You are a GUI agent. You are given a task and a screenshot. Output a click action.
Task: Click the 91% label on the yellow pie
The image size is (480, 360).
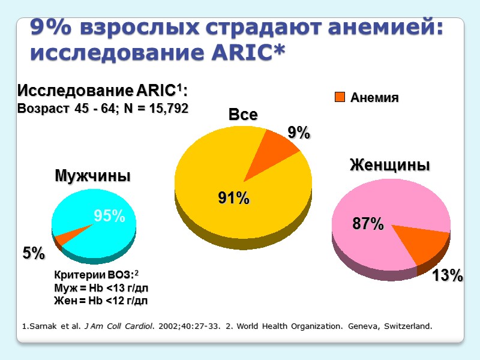pos(233,199)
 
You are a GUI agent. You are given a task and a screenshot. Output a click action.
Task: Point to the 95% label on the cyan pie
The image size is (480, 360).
pos(109,216)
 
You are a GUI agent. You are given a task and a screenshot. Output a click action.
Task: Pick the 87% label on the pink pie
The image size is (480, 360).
pos(368,224)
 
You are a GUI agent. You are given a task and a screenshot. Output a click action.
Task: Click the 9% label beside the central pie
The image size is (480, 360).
pos(298,133)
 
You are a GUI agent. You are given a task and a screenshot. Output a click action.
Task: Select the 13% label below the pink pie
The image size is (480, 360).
pos(448,275)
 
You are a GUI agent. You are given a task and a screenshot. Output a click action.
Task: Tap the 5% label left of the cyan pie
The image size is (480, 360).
pos(34,254)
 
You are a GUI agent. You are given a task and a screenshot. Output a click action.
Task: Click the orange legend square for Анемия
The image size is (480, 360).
pos(340,97)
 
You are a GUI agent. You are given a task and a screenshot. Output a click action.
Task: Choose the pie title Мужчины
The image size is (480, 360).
pos(93,176)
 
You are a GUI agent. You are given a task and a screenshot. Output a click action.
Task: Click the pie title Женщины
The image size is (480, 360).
pos(390,166)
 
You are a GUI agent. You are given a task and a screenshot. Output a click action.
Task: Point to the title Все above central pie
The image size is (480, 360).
pos(243,115)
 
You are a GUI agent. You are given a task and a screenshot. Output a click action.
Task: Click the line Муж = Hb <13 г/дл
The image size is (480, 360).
pos(101,288)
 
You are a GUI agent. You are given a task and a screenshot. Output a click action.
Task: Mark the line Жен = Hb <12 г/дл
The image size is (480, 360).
pos(101,300)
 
